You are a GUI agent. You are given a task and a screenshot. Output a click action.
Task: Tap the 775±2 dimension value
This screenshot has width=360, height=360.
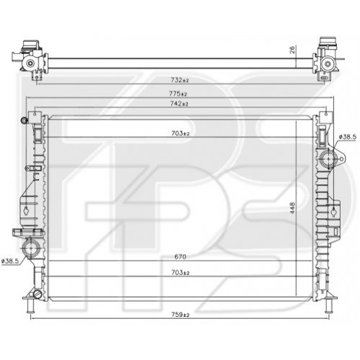pyautogui.click(x=178, y=94)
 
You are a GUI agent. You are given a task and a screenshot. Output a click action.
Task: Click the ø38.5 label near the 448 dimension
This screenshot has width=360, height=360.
pyautogui.click(x=348, y=135)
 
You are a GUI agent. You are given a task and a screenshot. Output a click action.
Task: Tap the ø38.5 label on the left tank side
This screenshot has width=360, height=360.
pyautogui.click(x=12, y=260)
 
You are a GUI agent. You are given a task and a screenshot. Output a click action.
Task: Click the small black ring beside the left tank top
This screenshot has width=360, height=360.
pyautogui.click(x=24, y=120)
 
